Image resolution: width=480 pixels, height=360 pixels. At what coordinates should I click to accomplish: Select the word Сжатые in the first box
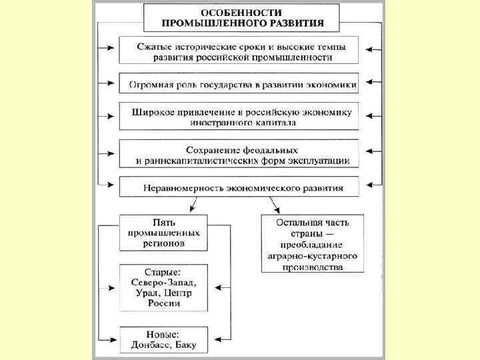pyautogui.click(x=155, y=46)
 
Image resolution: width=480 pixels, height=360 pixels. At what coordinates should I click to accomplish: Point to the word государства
pyautogui.click(x=235, y=85)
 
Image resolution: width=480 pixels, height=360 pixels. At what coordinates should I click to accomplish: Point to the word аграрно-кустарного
pyautogui.click(x=312, y=256)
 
